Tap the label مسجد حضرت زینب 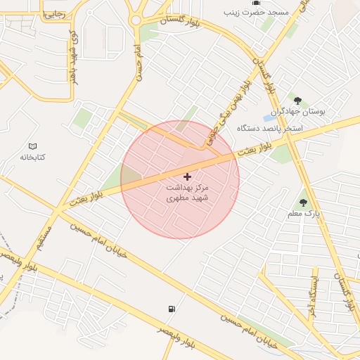(246, 13)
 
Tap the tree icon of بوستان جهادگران (297, 101)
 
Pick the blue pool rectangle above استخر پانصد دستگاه (270, 117)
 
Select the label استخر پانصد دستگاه (269, 129)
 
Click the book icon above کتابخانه (32, 146)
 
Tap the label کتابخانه (32, 157)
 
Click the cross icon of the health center (187, 176)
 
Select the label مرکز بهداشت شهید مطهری (188, 193)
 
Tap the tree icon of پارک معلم (303, 202)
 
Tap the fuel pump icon (172, 309)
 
